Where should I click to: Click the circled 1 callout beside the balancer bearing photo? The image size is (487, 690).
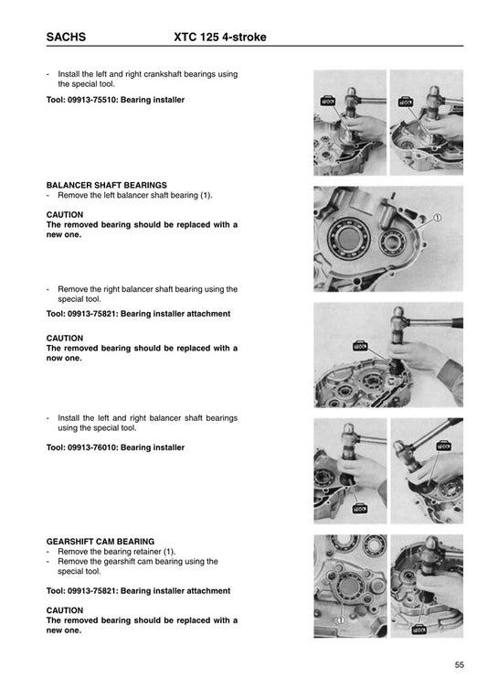[x=438, y=218]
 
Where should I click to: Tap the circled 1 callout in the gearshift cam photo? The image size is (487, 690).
[x=339, y=619]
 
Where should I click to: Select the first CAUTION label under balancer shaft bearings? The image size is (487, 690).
[x=64, y=215]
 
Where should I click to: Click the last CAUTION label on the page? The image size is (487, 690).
[x=64, y=610]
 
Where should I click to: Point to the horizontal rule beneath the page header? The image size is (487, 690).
[x=243, y=49]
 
